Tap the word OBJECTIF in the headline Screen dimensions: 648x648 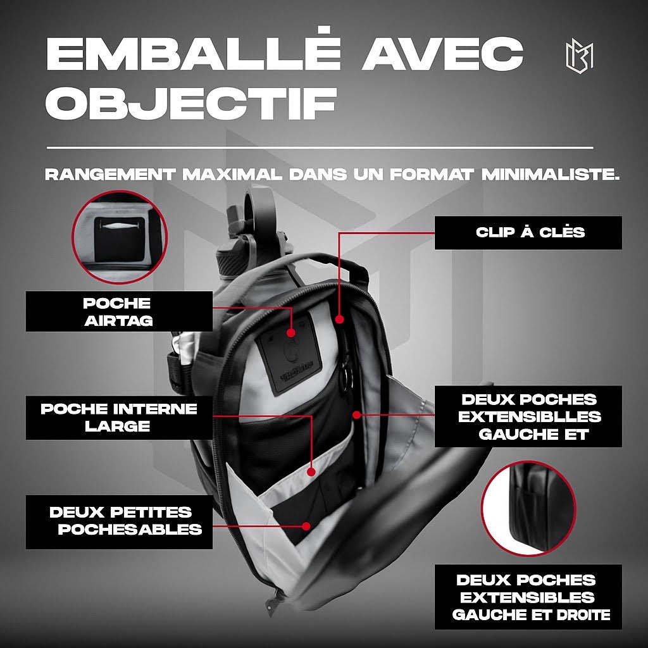(x=190, y=103)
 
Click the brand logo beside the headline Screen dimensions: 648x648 (x=580, y=57)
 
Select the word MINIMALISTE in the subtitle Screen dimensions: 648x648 (x=551, y=175)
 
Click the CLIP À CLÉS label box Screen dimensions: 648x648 (x=528, y=233)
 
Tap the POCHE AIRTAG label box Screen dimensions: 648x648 (x=119, y=311)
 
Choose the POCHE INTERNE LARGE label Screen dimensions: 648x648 (x=119, y=418)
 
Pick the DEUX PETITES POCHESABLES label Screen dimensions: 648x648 (x=119, y=522)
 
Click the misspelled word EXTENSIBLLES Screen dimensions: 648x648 (x=530, y=416)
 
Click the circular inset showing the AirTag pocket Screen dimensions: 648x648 (x=120, y=237)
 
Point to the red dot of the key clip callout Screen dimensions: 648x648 (x=340, y=320)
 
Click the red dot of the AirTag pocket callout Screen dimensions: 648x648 (x=291, y=333)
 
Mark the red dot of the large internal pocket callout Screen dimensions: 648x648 (x=311, y=472)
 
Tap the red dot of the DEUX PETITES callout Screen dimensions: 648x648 (x=306, y=526)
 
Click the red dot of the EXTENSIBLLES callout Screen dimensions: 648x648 (x=357, y=414)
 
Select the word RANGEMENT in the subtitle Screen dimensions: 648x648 (x=110, y=175)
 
